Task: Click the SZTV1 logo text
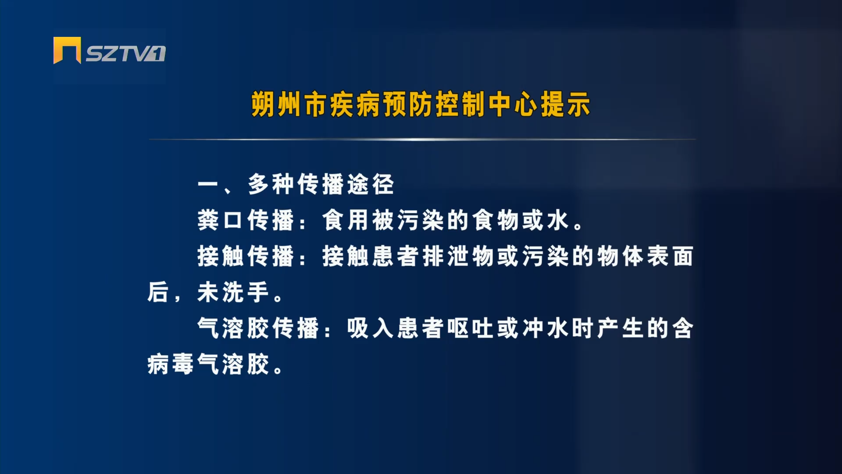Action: click(x=125, y=54)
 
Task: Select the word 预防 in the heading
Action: click(x=408, y=105)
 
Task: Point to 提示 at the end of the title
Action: click(x=566, y=105)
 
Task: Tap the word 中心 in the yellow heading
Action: click(x=513, y=105)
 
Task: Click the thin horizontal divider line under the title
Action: click(x=422, y=140)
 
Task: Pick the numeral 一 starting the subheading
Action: click(x=208, y=184)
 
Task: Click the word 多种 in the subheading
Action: click(x=271, y=184)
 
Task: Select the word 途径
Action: click(x=371, y=184)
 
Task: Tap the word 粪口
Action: click(x=220, y=220)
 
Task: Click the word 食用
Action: click(x=345, y=220)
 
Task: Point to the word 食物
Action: click(x=496, y=220)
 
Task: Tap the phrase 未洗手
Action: click(x=233, y=292)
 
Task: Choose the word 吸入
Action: click(x=371, y=328)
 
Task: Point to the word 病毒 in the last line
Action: click(x=171, y=364)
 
